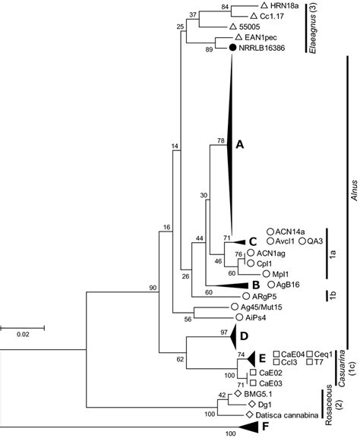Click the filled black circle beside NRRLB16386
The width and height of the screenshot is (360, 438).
232,48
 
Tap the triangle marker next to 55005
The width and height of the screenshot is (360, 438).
233,27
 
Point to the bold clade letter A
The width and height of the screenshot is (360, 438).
240,145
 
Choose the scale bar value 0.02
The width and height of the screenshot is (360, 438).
23,334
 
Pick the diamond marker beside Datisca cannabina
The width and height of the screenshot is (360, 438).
250,415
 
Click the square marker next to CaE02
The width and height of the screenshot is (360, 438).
253,373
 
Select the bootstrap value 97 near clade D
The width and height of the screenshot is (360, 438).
224,332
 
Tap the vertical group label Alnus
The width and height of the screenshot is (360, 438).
354,191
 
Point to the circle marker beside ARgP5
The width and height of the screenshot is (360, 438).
246,296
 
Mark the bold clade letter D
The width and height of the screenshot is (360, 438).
244,336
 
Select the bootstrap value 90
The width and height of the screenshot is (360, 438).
153,288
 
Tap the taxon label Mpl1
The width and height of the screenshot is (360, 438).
280,274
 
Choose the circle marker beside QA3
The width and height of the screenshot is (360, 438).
302,241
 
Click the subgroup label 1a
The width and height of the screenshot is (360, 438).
333,254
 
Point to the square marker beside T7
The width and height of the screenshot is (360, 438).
309,362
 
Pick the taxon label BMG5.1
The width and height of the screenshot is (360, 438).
258,394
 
